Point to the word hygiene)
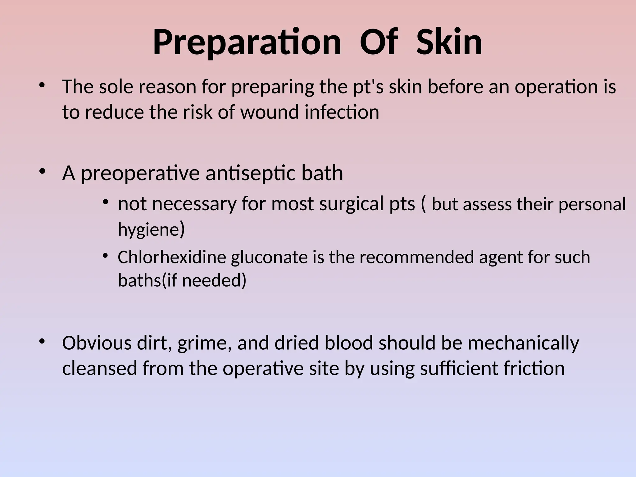[x=151, y=229]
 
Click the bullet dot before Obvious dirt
[x=42, y=341]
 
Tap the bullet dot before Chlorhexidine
[x=105, y=256]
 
